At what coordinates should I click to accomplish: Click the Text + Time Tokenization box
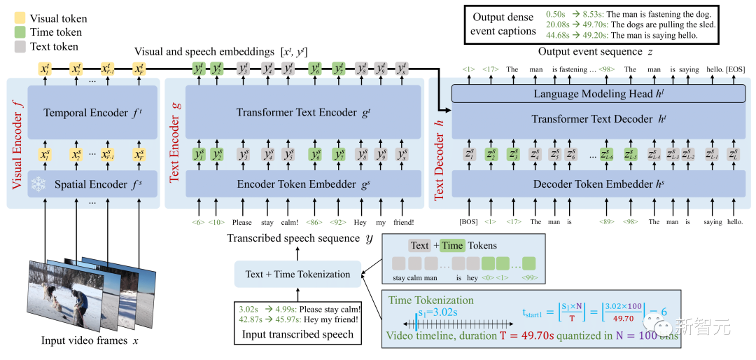[297, 274]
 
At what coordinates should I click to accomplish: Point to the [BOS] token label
[468, 222]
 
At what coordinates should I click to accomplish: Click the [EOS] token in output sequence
[736, 69]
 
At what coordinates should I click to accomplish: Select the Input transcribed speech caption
[298, 335]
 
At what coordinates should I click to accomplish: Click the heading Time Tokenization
[431, 300]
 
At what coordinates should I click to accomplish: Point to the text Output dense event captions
[504, 25]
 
